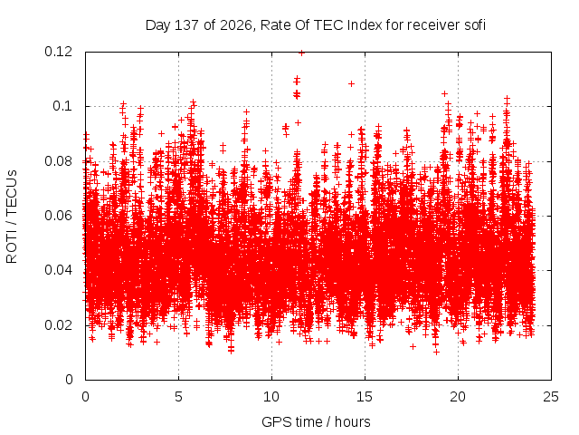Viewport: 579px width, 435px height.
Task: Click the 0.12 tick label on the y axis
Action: (58, 52)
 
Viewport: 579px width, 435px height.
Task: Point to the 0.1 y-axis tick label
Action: (62, 106)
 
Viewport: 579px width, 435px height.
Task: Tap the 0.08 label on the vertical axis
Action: (58, 161)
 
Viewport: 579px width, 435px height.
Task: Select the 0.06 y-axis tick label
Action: (58, 216)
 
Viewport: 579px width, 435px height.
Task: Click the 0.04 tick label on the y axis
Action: (58, 270)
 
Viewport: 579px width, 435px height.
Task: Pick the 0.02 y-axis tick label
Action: (58, 325)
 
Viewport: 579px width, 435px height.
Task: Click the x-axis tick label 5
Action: (179, 397)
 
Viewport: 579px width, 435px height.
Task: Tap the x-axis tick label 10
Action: (271, 397)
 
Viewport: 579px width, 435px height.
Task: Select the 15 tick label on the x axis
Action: (365, 397)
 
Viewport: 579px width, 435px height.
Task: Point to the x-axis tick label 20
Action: (458, 397)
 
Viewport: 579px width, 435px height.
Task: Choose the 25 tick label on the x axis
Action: (551, 397)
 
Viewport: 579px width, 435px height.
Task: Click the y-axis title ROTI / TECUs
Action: (12, 217)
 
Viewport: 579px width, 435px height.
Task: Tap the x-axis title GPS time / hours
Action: (316, 421)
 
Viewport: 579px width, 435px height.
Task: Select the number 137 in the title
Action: (186, 25)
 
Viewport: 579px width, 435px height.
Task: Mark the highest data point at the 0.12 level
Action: (301, 53)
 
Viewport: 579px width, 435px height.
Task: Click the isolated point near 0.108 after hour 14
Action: (352, 84)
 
